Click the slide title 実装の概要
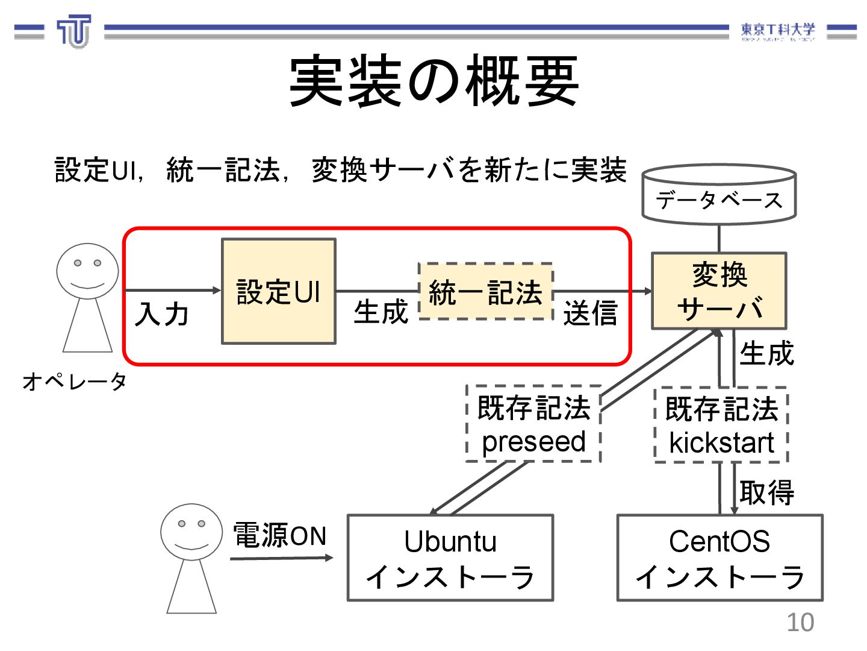coord(433,81)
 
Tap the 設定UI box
coord(278,291)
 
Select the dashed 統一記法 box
coord(485,292)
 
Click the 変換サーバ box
coord(719,291)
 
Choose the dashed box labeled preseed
coord(533,424)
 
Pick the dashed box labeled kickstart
coord(721,426)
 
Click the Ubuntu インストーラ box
coord(450,558)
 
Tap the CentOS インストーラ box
coord(719,558)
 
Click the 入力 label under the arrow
coord(161,315)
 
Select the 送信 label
coord(590,313)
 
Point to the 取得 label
coord(766,492)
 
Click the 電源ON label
coord(279,535)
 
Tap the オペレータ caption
coord(75,381)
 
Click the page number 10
coord(800,623)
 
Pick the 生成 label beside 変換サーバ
coord(766,353)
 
